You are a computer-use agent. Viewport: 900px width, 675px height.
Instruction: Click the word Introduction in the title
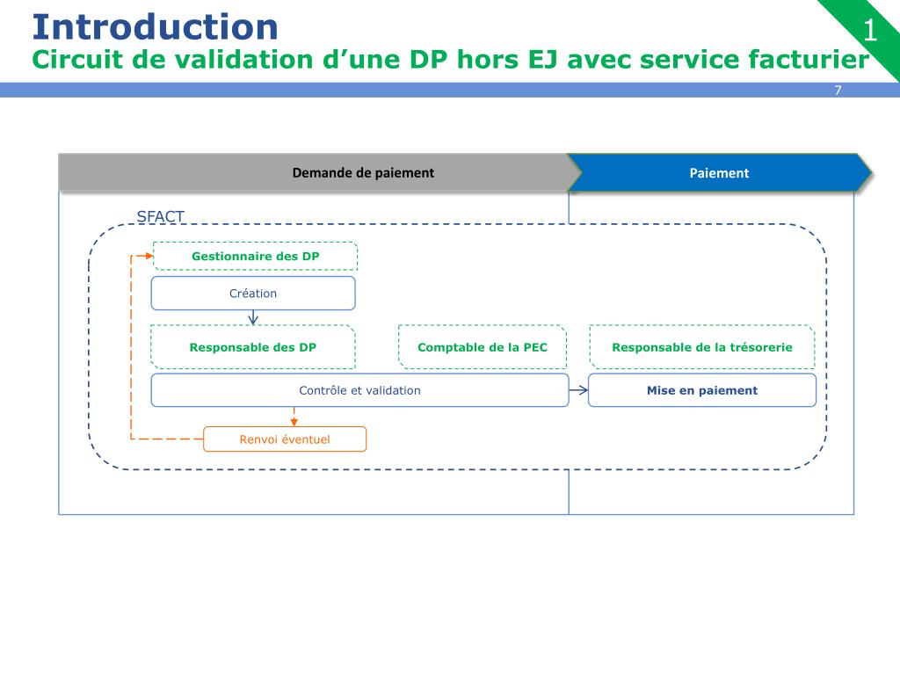(155, 26)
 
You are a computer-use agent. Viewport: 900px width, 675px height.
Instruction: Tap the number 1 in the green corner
(870, 32)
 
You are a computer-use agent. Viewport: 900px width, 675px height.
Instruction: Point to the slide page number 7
(838, 91)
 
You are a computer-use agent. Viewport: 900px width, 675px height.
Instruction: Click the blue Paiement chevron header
(719, 173)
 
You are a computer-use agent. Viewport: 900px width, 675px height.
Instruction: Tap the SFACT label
(160, 217)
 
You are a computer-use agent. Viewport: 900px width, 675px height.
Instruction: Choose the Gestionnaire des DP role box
(255, 256)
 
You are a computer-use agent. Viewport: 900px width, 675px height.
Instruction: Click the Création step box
(253, 294)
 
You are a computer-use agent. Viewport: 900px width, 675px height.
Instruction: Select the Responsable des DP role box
(253, 347)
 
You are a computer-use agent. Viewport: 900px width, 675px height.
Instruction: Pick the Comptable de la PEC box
(483, 347)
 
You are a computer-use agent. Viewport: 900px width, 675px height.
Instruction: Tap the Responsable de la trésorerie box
(701, 347)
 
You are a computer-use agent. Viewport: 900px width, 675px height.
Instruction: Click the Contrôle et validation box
(359, 390)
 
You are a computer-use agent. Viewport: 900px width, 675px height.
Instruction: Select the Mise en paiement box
(701, 390)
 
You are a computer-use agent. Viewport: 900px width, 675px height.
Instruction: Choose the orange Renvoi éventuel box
(285, 439)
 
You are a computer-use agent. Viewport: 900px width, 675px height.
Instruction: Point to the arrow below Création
(253, 317)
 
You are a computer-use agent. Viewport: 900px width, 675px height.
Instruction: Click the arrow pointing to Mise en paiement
(578, 390)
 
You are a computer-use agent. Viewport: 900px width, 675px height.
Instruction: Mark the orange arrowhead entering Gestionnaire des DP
(148, 256)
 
